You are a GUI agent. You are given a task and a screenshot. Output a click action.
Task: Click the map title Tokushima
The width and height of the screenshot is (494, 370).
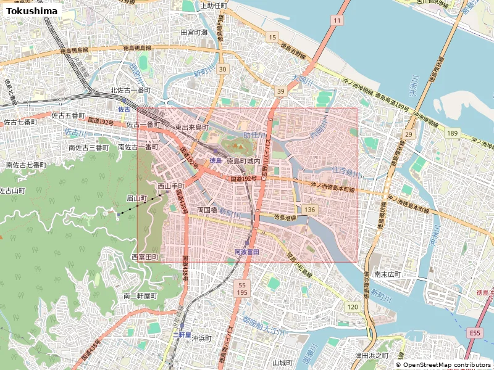click(32, 10)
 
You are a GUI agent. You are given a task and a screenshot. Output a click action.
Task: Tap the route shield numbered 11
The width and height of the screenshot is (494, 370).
click(336, 21)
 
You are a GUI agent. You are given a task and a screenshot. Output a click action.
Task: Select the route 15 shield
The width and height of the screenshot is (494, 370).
click(272, 38)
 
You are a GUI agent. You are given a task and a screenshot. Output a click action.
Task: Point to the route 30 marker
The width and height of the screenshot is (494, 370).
click(222, 69)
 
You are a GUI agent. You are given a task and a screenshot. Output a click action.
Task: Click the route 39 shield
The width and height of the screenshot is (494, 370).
click(281, 91)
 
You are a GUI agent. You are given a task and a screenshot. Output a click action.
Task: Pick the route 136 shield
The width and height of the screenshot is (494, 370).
click(310, 210)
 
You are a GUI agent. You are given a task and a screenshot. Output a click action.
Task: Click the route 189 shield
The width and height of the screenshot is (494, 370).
click(453, 134)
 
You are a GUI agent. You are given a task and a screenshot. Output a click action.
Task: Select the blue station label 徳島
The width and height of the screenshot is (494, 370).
click(216, 160)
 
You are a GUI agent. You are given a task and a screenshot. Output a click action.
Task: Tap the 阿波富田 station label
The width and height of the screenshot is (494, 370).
click(246, 252)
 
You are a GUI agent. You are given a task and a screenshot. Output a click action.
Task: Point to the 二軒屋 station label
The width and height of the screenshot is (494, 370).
click(182, 334)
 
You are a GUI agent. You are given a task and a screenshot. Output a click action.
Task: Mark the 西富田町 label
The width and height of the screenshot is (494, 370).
click(145, 257)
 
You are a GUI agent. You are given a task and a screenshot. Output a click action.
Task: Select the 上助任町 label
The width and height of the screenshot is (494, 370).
click(209, 6)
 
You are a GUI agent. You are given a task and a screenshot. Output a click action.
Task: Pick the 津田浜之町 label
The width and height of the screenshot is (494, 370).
click(371, 356)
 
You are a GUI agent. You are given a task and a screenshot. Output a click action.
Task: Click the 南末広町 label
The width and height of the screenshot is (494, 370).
click(387, 274)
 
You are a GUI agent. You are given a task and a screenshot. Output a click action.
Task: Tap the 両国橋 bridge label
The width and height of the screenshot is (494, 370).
click(207, 210)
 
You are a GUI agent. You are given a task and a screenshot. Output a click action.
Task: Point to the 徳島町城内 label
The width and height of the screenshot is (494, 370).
click(247, 160)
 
